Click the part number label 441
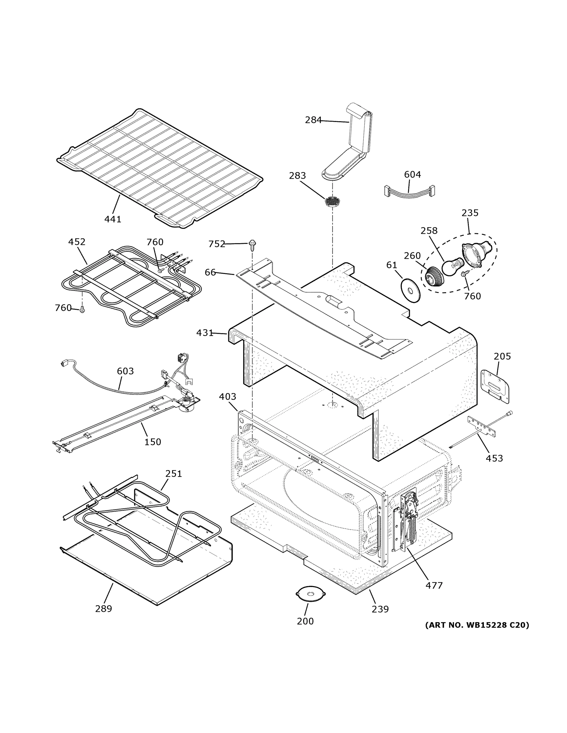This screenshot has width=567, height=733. pos(112,219)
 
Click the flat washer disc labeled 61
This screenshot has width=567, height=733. pos(410,289)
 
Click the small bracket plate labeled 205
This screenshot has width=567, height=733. pos(495,386)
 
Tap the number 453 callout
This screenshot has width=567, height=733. pos(494,458)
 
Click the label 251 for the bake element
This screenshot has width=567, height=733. pos(173,474)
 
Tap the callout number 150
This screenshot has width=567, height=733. pos(153,442)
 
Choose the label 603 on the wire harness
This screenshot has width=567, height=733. pos(125,371)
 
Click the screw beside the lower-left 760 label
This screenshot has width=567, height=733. pos(82,310)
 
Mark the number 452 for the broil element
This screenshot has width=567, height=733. pos(77,242)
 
